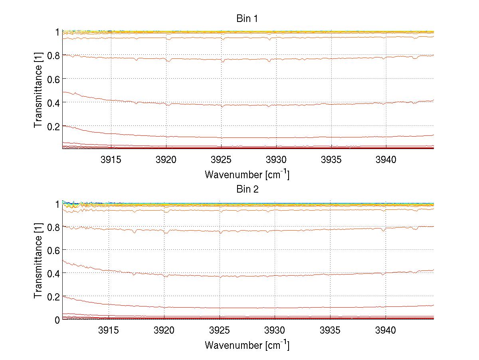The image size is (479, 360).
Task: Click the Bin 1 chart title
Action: pos(247,19)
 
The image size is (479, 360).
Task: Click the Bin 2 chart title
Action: pos(247,189)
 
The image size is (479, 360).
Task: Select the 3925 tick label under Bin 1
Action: pos(222,160)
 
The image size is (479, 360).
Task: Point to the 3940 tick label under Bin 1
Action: pos(386,160)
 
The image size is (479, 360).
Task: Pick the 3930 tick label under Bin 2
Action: pos(275,330)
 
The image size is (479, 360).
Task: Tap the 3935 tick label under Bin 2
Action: pos(331,330)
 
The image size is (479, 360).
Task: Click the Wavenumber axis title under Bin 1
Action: pos(247,174)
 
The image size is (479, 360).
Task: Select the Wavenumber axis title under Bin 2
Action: pos(247,345)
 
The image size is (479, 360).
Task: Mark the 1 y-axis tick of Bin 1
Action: pos(57,32)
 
